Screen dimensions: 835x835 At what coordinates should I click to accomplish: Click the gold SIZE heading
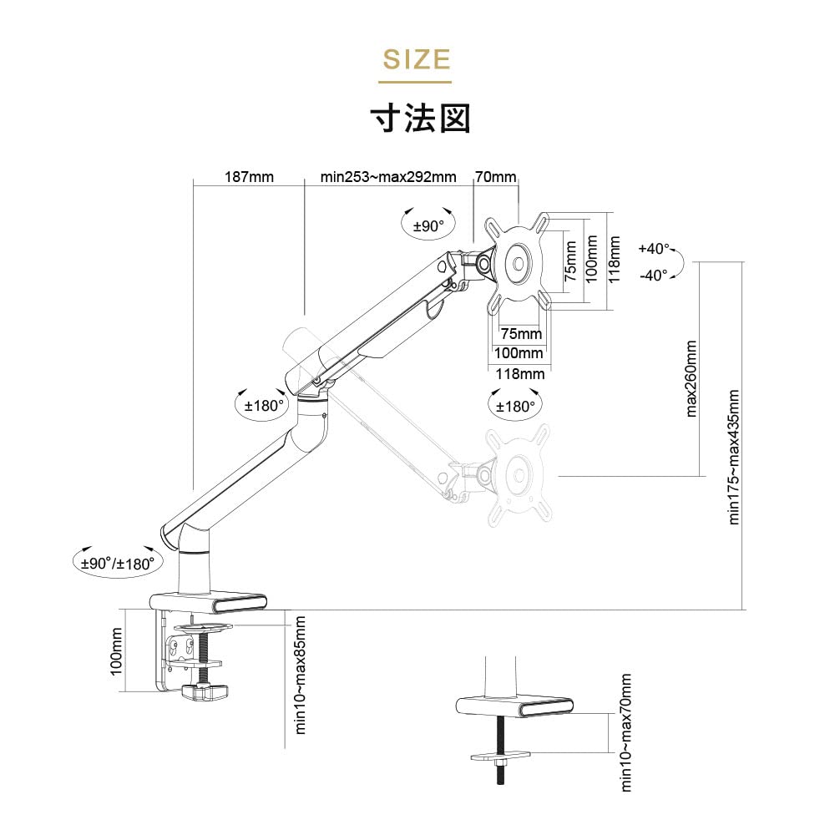[x=417, y=59]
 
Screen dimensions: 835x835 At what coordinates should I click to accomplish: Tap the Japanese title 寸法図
[x=421, y=119]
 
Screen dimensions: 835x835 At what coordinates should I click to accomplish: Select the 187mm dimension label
[x=249, y=177]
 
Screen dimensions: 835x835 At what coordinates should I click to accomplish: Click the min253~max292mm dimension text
[x=388, y=177]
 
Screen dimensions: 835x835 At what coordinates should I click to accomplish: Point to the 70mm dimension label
[x=496, y=177]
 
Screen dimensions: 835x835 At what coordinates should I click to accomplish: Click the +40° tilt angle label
[x=654, y=249]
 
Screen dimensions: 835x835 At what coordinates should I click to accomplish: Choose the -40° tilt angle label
[x=654, y=275]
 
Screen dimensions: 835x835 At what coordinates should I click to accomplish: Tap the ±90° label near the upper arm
[x=428, y=226]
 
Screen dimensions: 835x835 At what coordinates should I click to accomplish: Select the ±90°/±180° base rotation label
[x=118, y=564]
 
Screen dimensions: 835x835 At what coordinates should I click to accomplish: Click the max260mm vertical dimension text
[x=691, y=378]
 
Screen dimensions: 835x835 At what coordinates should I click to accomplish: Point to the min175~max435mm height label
[x=733, y=457]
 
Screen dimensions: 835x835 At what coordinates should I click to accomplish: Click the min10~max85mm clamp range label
[x=301, y=676]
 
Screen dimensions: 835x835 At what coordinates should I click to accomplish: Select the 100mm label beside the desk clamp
[x=116, y=650]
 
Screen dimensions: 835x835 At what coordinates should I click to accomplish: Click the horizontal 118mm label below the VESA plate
[x=519, y=374]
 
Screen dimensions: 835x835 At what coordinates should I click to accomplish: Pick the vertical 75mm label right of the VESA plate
[x=570, y=261]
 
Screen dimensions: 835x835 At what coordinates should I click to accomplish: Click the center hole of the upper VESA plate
[x=519, y=263]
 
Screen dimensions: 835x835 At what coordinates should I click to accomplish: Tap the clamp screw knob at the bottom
[x=205, y=691]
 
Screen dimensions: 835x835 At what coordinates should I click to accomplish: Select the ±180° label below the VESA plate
[x=514, y=407]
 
